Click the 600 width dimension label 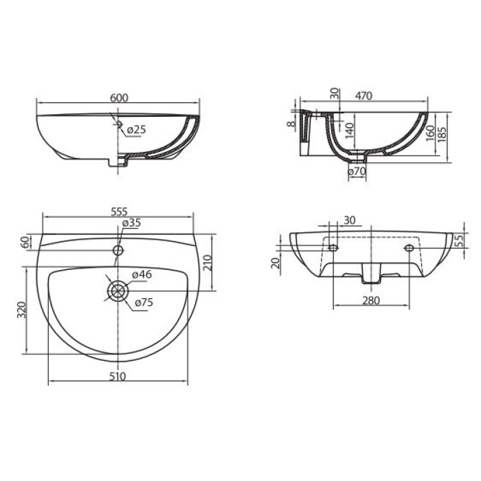point(119,98)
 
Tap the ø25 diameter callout point(136,130)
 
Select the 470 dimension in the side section point(363,96)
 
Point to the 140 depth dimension point(350,130)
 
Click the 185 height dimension point(442,133)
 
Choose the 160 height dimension point(430,133)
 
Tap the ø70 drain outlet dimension point(357,172)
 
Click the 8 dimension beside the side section point(291,124)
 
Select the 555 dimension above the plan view point(118,212)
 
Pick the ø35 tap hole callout point(131,223)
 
